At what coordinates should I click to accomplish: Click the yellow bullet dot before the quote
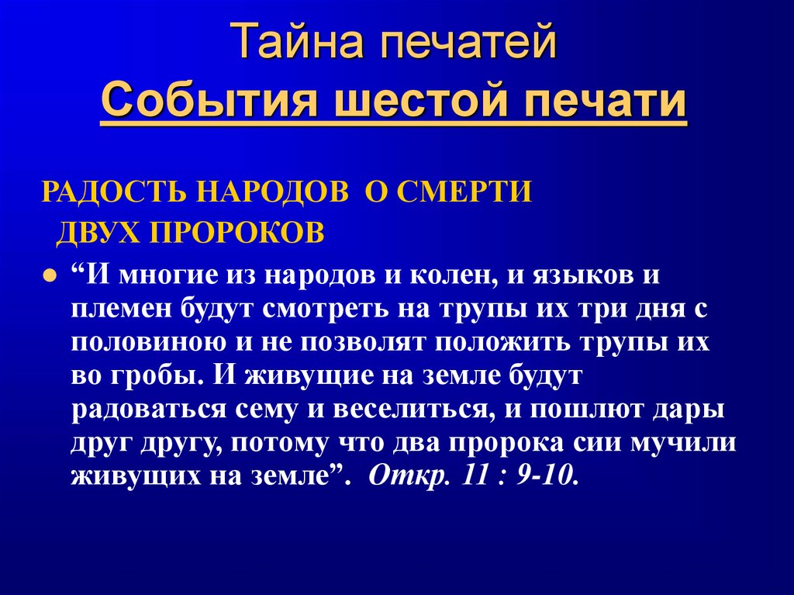click(49, 276)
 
